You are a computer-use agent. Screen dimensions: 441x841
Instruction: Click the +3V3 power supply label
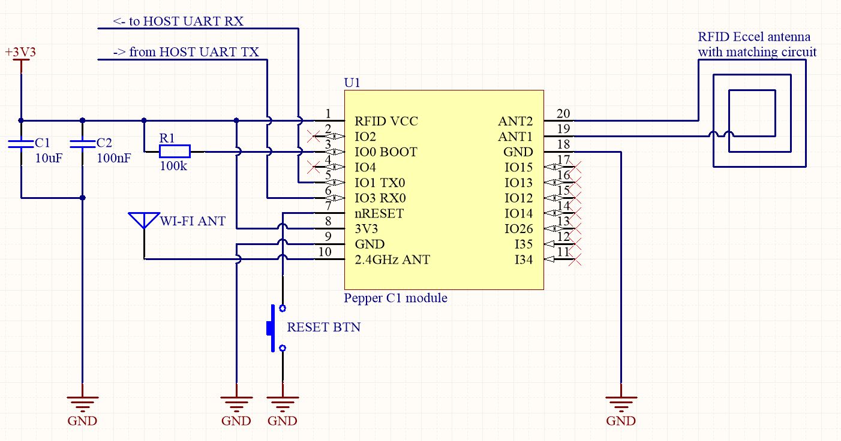point(20,53)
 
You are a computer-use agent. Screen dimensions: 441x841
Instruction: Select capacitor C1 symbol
point(21,144)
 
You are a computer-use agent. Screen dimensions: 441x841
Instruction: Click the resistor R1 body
point(175,152)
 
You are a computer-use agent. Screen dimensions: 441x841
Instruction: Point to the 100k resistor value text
point(173,166)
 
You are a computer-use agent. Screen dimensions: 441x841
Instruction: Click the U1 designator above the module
point(352,82)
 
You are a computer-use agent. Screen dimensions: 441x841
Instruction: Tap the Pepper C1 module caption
point(395,298)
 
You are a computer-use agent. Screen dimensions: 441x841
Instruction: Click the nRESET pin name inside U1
point(379,214)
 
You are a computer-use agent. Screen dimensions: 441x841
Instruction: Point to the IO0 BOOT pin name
point(386,152)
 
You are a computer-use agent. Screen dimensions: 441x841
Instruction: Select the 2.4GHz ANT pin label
point(392,260)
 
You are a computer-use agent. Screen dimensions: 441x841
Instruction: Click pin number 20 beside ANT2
point(563,114)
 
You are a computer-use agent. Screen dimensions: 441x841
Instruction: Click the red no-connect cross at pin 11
point(576,260)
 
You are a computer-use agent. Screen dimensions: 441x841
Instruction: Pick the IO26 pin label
point(519,229)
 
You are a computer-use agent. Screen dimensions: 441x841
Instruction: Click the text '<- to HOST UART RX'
point(178,22)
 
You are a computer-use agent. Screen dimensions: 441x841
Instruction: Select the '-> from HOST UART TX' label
point(186,52)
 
